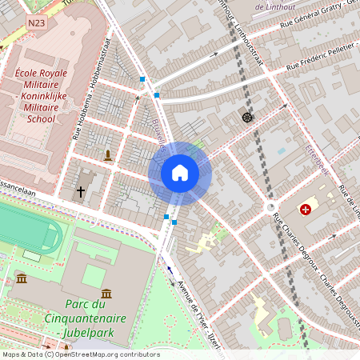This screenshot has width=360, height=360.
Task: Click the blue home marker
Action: [x=179, y=172]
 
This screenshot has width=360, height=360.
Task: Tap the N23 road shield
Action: [x=36, y=24]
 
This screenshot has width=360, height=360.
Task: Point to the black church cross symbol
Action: [x=80, y=192]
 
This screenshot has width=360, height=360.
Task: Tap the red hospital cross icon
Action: [x=306, y=210]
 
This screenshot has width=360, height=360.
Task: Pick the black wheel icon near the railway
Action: [x=246, y=118]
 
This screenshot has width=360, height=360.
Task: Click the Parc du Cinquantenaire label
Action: [x=98, y=315]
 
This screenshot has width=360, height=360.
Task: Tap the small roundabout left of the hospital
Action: [x=268, y=207]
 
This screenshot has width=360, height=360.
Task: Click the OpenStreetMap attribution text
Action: [x=80, y=354]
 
